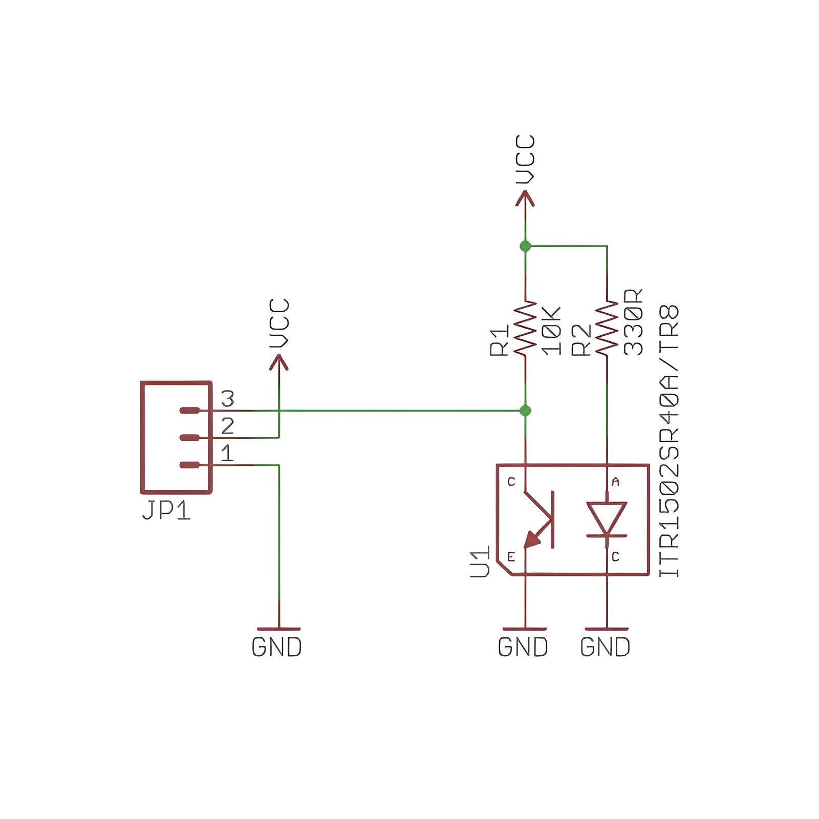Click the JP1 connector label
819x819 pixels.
tap(166, 510)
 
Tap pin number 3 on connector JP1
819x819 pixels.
tap(227, 399)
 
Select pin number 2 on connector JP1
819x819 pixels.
tap(227, 426)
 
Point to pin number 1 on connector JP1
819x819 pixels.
tap(227, 453)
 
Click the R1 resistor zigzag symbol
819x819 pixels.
tap(525, 328)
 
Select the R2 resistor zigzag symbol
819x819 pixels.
tap(607, 328)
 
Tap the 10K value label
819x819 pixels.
tap(551, 331)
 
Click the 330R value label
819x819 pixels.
tap(633, 322)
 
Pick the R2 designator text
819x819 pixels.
tap(581, 339)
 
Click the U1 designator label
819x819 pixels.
tap(481, 562)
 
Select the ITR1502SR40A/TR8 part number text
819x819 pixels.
tap(669, 441)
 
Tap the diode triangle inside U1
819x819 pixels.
tap(607, 518)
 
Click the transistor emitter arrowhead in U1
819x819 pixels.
tap(532, 539)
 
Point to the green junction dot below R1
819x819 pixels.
tap(525, 411)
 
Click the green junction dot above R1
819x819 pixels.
tap(525, 246)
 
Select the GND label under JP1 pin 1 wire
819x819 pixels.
tap(277, 648)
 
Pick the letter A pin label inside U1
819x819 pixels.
tap(616, 482)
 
